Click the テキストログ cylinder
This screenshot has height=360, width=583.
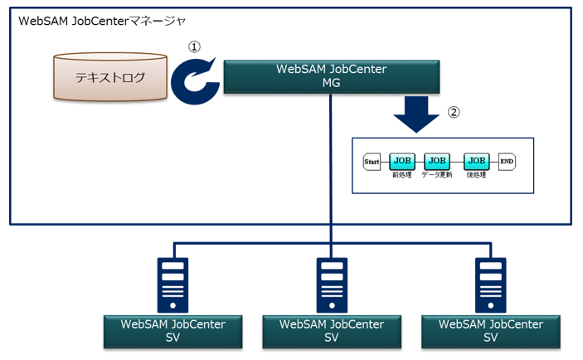[109, 79]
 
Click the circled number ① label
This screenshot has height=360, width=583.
[195, 47]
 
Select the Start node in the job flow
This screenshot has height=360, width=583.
[372, 162]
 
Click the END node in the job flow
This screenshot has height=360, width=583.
[507, 162]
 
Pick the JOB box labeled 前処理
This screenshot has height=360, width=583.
[402, 161]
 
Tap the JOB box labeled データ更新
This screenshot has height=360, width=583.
[436, 161]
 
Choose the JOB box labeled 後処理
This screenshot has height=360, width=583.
[476, 161]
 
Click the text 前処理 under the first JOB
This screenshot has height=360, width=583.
[402, 175]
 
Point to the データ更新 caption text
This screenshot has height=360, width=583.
[437, 175]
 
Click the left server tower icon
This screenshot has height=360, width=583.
[172, 283]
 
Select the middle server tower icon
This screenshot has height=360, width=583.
[332, 283]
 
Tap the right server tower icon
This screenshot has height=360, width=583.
[490, 283]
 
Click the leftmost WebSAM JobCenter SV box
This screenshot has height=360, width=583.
[172, 330]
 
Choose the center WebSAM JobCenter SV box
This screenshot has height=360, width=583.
[332, 330]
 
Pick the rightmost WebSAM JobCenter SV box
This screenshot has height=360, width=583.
[490, 330]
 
